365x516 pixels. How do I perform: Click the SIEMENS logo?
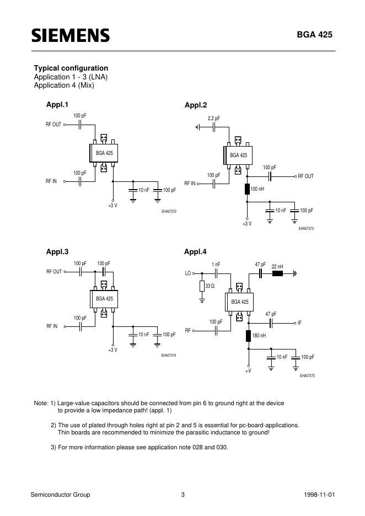click(x=70, y=36)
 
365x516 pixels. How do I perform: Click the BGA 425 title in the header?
click(x=315, y=35)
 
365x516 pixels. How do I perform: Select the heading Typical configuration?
click(x=71, y=68)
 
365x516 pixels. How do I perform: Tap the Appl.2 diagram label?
click(x=195, y=105)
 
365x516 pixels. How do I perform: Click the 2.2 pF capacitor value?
click(x=213, y=119)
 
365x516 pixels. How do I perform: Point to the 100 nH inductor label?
click(x=257, y=189)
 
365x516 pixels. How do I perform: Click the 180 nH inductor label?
click(x=259, y=335)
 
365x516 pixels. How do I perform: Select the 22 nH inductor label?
click(x=277, y=266)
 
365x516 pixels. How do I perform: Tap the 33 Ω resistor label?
click(x=210, y=287)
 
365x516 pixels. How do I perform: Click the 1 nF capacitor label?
click(x=216, y=265)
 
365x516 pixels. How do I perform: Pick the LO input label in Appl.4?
click(x=187, y=273)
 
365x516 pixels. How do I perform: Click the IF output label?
click(x=299, y=322)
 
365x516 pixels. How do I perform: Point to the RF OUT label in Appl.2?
click(x=305, y=176)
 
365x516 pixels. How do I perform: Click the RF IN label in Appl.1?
click(x=51, y=181)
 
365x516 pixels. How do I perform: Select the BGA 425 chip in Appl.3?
click(x=104, y=298)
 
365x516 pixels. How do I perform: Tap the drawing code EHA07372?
click(x=169, y=211)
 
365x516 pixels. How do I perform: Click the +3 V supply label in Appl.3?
click(x=112, y=350)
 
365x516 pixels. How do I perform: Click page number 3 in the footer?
click(x=182, y=495)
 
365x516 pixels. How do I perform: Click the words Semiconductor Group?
click(x=60, y=495)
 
